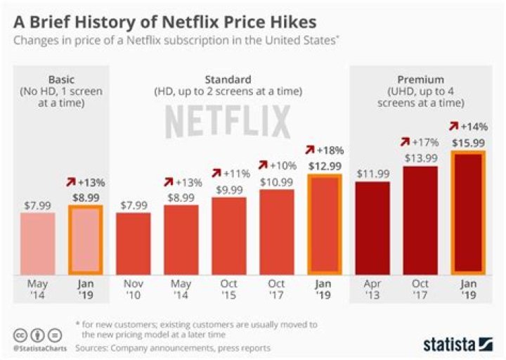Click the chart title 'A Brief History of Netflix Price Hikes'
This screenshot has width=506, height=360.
click(x=173, y=16)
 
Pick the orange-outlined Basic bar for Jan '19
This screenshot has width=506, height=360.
click(x=85, y=239)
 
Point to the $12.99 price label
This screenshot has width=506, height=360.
click(x=324, y=165)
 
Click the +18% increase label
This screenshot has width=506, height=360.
click(x=324, y=150)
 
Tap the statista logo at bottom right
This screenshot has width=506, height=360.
click(x=458, y=344)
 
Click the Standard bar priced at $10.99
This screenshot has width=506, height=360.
click(x=276, y=231)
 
